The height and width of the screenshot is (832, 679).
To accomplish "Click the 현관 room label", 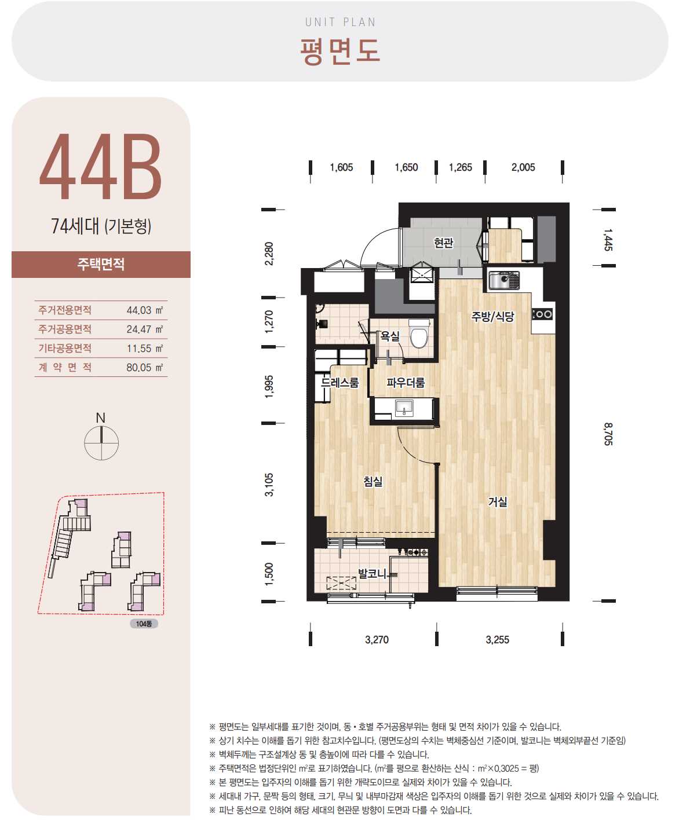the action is click(x=443, y=243).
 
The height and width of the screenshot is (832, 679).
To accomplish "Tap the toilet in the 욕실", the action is click(x=419, y=333).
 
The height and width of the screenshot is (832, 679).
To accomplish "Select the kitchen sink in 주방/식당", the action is click(x=504, y=280).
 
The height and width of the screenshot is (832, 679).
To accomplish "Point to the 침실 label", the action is click(x=373, y=481).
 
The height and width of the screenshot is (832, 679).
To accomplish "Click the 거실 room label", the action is click(x=498, y=501).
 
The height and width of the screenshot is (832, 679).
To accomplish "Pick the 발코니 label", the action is click(x=372, y=573).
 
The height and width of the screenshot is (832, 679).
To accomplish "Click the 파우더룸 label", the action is click(x=406, y=382).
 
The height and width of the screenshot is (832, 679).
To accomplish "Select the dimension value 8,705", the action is click(x=608, y=434).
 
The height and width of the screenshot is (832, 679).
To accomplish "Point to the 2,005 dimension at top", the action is click(x=523, y=167).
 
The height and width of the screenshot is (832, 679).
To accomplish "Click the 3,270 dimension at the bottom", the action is click(x=377, y=639).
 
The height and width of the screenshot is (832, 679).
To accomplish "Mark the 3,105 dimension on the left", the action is click(x=269, y=485).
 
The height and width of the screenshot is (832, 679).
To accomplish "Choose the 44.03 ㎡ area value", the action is click(x=144, y=310).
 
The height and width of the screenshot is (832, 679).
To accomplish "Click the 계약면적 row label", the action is click(x=65, y=367).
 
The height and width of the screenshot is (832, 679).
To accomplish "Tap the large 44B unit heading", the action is click(x=101, y=166).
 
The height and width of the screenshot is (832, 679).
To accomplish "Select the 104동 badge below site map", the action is click(x=144, y=624).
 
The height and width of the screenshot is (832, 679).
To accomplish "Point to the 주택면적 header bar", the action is click(x=101, y=265).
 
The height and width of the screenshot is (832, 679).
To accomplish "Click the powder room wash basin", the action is click(x=403, y=408).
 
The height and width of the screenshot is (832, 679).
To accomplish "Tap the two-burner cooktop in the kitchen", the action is click(x=543, y=314).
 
